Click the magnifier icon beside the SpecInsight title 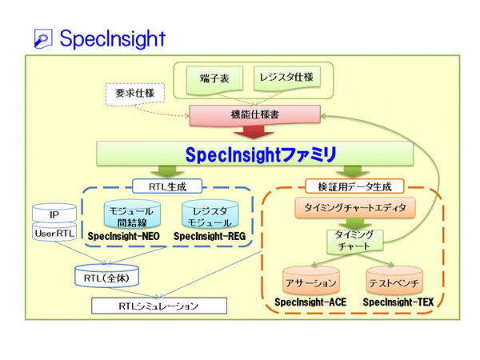click(x=44, y=38)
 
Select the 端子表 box click(x=212, y=79)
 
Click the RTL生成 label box click(x=167, y=186)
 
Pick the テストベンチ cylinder click(x=393, y=282)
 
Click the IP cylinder click(x=53, y=215)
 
